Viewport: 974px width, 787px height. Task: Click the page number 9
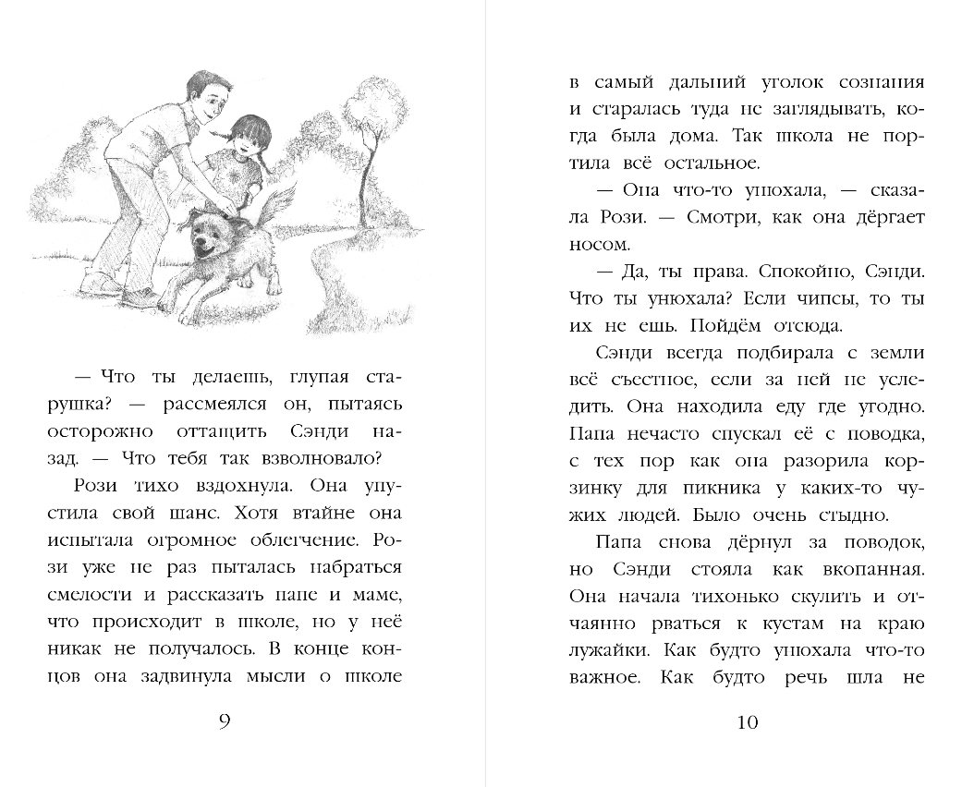tap(225, 721)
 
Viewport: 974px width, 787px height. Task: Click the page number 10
tap(748, 721)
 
